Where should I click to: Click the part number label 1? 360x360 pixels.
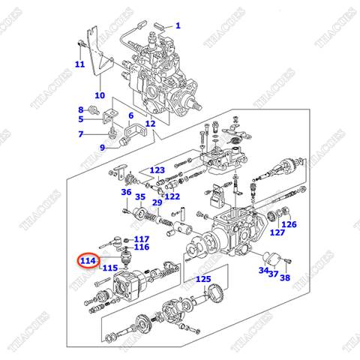coord(178,25)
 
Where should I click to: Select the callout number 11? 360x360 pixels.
coord(79,64)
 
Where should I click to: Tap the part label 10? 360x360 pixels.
coord(99,95)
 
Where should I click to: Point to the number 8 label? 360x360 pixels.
coord(81,109)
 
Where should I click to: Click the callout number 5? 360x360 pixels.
coord(81,119)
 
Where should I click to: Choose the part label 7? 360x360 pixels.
coord(81,134)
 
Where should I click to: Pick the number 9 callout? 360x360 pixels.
coord(103,147)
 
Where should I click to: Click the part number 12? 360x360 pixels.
coord(151,124)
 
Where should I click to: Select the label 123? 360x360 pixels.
coord(156,170)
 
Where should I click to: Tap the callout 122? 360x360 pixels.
coord(172,196)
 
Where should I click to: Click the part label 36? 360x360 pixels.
coord(126,192)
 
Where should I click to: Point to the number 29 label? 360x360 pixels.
coord(157,202)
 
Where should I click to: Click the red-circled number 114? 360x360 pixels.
coord(88,260)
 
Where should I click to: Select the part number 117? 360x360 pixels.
coord(142,239)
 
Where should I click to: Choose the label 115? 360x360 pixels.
coord(109,268)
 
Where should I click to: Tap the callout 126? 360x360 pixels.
coord(289,224)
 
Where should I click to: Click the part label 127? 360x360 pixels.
coord(278,233)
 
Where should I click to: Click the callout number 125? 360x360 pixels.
coord(203,279)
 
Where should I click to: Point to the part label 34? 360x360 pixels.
coord(263,270)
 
